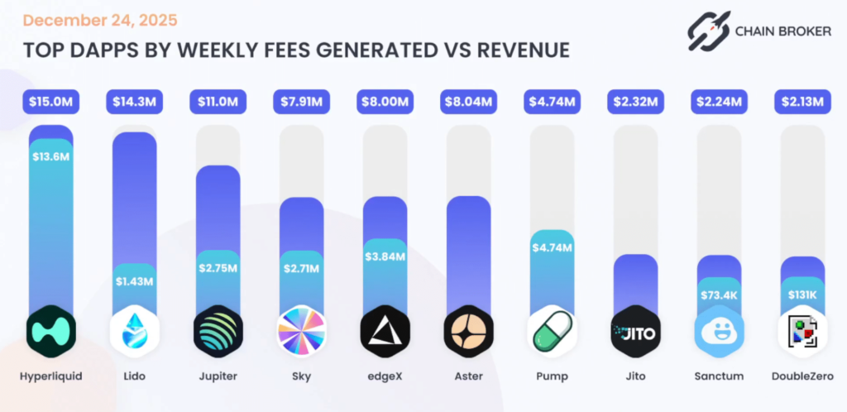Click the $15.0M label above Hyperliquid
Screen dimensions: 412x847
[x=50, y=102]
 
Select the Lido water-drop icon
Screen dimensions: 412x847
[x=134, y=331]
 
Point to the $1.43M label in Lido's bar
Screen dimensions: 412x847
[x=134, y=281]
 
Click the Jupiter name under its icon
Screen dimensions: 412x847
[x=218, y=376]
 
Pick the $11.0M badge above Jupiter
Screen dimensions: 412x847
[x=218, y=102]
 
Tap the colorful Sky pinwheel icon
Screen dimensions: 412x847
[x=301, y=331]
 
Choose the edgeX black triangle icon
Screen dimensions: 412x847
[x=385, y=331]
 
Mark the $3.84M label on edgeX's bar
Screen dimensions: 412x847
[x=385, y=256]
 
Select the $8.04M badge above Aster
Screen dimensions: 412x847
[x=468, y=102]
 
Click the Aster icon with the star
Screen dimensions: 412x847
[x=468, y=331]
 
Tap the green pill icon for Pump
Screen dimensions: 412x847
[x=552, y=331]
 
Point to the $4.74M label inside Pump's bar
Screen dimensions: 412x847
[x=552, y=247]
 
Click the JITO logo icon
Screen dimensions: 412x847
[x=635, y=331]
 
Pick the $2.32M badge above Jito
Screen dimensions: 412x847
[x=635, y=102]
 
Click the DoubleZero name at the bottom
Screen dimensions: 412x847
[x=802, y=376]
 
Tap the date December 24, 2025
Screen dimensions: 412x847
[x=100, y=19]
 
